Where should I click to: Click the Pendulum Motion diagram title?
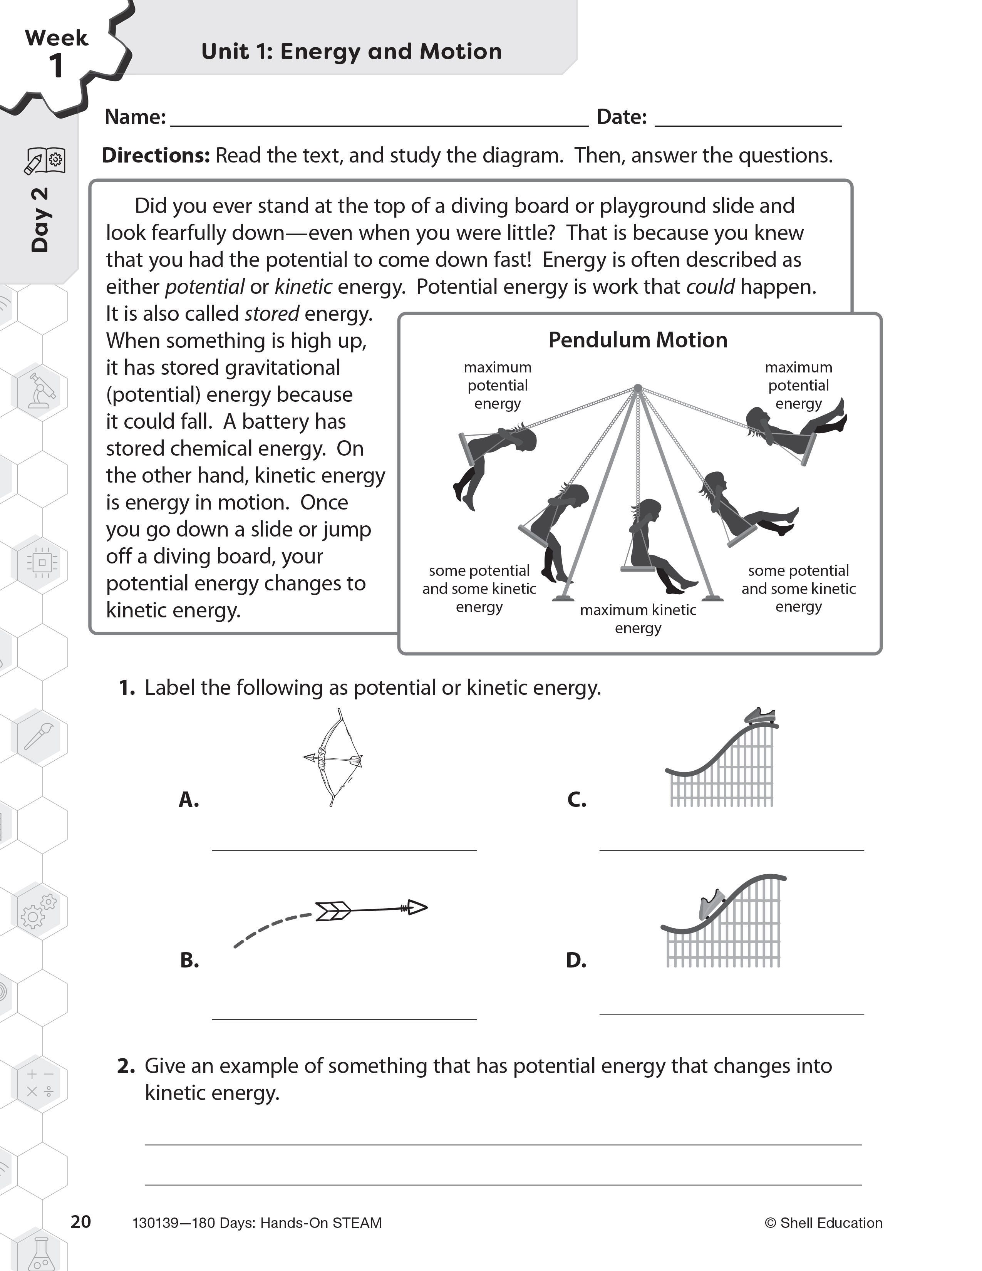[x=638, y=340]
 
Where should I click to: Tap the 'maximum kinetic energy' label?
[x=638, y=619]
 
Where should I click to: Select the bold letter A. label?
[x=188, y=800]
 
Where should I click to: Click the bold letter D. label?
[x=576, y=960]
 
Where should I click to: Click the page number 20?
[x=81, y=1222]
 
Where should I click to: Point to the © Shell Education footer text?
[x=823, y=1223]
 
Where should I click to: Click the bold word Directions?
[x=155, y=155]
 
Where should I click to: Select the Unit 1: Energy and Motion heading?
[x=351, y=51]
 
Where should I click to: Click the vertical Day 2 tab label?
[x=40, y=220]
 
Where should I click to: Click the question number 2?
[x=126, y=1066]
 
